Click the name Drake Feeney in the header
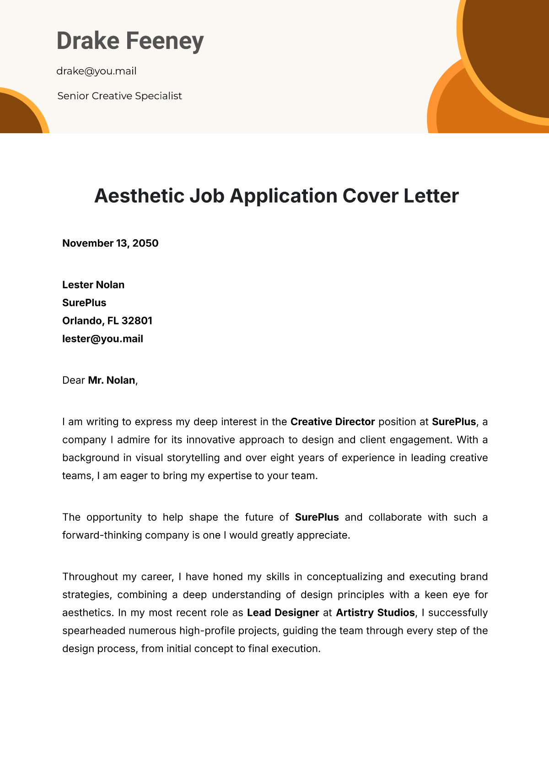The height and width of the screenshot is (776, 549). (130, 41)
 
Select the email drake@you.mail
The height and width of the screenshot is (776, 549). (97, 71)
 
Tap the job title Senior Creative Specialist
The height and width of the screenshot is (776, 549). (120, 96)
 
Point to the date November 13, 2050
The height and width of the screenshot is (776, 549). (110, 243)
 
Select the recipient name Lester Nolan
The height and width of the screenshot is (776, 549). (93, 285)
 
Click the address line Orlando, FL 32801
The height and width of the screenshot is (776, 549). (107, 321)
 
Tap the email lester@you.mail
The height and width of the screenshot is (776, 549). (102, 339)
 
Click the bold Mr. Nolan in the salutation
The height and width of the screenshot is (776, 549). (112, 380)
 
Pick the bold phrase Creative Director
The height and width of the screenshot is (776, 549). (333, 422)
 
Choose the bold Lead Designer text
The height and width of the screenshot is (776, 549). (283, 613)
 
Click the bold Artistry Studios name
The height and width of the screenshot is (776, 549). (375, 613)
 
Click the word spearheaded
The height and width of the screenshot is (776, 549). (94, 631)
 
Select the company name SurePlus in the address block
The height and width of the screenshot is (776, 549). (84, 303)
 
